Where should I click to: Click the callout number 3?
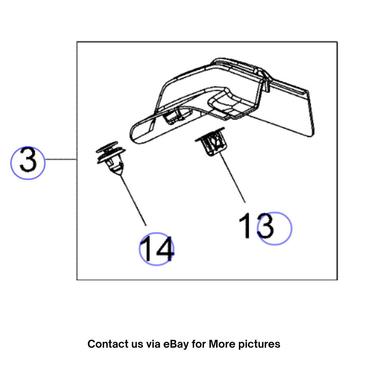(28, 160)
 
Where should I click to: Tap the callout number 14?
(157, 248)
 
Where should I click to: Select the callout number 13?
(256, 226)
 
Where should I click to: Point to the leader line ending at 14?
(133, 200)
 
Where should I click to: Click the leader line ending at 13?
(232, 177)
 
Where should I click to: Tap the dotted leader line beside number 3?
(61, 159)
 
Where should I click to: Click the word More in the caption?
(222, 344)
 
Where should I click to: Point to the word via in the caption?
(153, 344)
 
